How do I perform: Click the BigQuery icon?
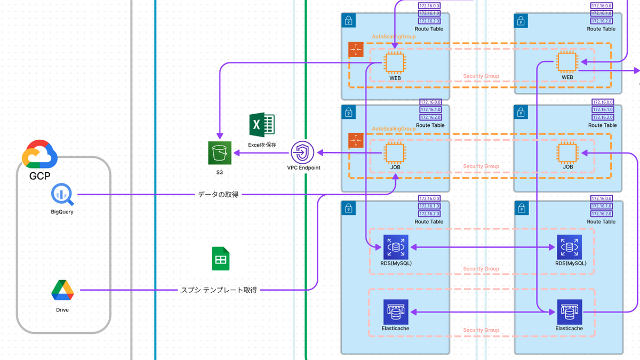click(x=62, y=195)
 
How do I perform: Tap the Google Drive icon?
click(x=62, y=291)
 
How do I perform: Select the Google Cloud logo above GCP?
click(x=39, y=153)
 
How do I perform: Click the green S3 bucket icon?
click(x=220, y=154)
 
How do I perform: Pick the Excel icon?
click(x=262, y=125)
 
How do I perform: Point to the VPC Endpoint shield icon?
click(x=302, y=153)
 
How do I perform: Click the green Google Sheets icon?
click(x=221, y=259)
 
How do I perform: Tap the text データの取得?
click(x=218, y=195)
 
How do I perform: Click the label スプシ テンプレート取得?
click(x=219, y=291)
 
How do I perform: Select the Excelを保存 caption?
click(x=262, y=145)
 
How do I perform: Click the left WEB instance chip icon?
click(x=395, y=62)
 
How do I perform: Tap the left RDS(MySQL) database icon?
click(x=395, y=247)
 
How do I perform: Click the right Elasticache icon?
click(x=569, y=312)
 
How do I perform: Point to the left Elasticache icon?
click(x=395, y=312)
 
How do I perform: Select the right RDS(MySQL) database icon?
click(x=569, y=247)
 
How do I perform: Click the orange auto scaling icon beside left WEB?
click(x=355, y=50)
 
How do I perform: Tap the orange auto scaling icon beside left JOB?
click(x=355, y=140)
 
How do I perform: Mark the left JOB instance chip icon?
click(x=395, y=153)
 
